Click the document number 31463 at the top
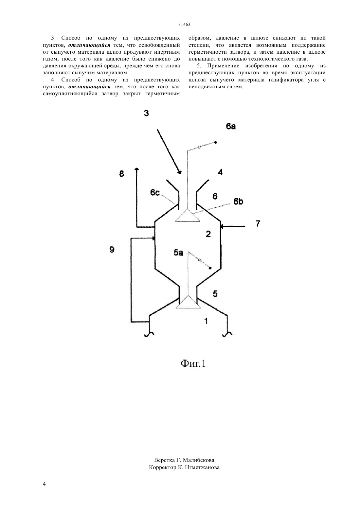pyautogui.click(x=184, y=25)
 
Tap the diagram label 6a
pyautogui.click(x=231, y=126)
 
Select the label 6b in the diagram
pyautogui.click(x=238, y=201)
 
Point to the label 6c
pyautogui.click(x=155, y=192)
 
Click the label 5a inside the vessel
pyautogui.click(x=178, y=253)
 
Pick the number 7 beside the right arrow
pyautogui.click(x=258, y=224)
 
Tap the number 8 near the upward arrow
pyautogui.click(x=122, y=174)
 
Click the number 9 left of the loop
pyautogui.click(x=112, y=250)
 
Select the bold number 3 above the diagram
pyautogui.click(x=146, y=113)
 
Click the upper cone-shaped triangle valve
pyautogui.click(x=188, y=216)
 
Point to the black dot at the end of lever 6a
pyautogui.click(x=215, y=143)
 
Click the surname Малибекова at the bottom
pyautogui.click(x=199, y=460)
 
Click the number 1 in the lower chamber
pyautogui.click(x=206, y=321)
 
